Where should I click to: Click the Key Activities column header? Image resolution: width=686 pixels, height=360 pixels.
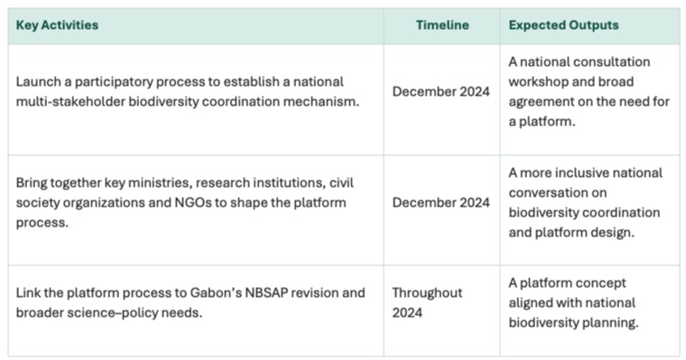57,25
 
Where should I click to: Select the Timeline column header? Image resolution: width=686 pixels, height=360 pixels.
442,25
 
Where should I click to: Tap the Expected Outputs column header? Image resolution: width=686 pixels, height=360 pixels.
563,25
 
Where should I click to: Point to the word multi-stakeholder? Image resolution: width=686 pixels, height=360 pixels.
70,101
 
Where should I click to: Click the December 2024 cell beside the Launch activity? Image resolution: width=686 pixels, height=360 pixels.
441,91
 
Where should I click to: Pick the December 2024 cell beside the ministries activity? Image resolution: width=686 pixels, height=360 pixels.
441,202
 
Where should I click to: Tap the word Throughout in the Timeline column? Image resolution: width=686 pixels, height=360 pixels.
427,292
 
